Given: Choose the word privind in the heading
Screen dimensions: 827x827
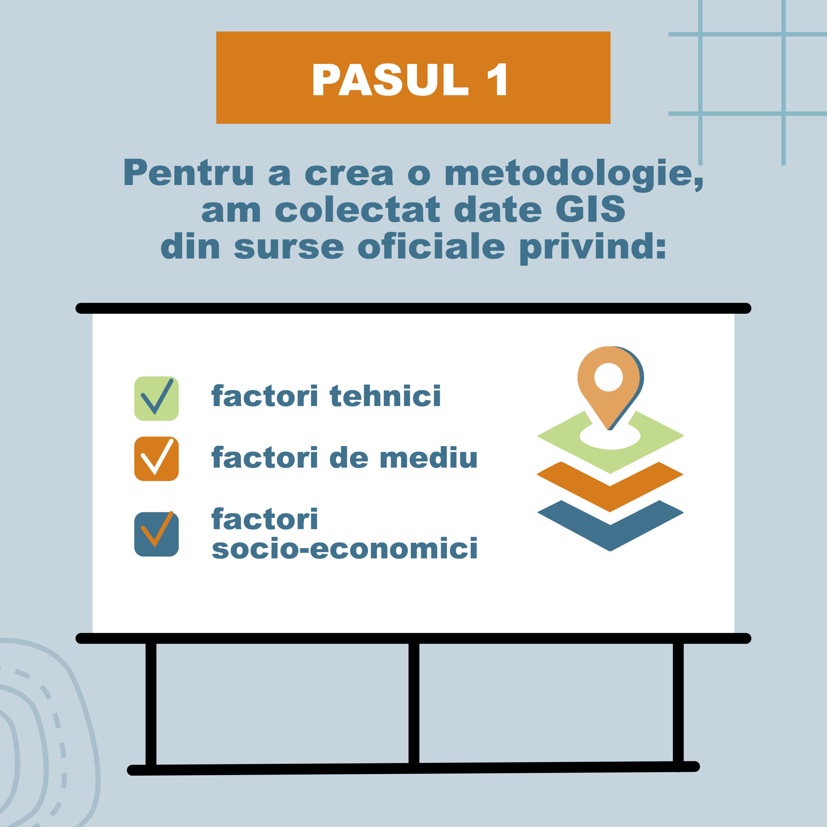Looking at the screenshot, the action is point(593,248).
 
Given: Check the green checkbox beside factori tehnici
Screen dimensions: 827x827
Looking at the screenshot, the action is point(156,399).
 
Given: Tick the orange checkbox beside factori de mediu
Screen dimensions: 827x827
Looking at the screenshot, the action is point(156,459).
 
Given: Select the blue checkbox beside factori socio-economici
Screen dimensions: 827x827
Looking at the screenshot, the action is point(156,534).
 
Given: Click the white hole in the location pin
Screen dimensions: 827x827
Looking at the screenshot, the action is point(608,377).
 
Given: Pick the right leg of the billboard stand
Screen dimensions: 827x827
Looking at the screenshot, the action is point(678,702).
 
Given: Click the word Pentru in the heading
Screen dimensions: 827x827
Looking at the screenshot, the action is point(189,173).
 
